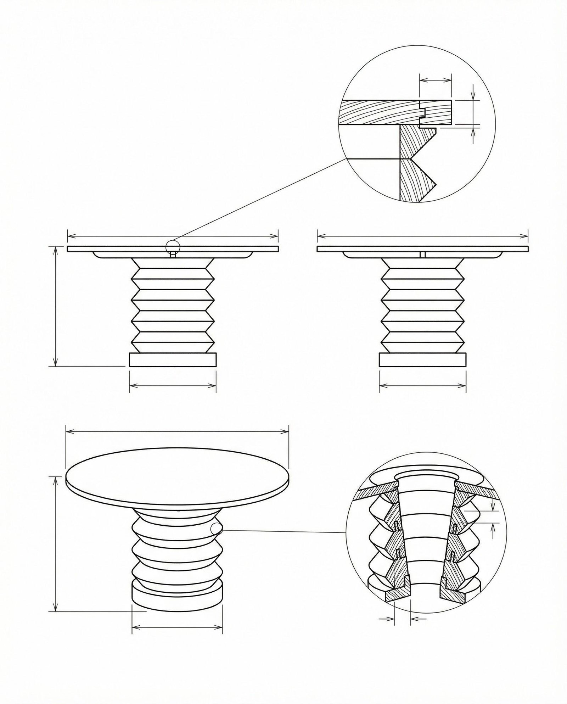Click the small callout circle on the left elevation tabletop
tap(173, 247)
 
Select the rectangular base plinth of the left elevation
tap(173, 359)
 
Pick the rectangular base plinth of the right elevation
tap(422, 359)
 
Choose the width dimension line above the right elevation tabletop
tap(422, 235)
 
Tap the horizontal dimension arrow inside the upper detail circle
tap(435, 80)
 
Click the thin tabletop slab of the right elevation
tap(422, 249)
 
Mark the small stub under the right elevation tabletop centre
tap(422, 255)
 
